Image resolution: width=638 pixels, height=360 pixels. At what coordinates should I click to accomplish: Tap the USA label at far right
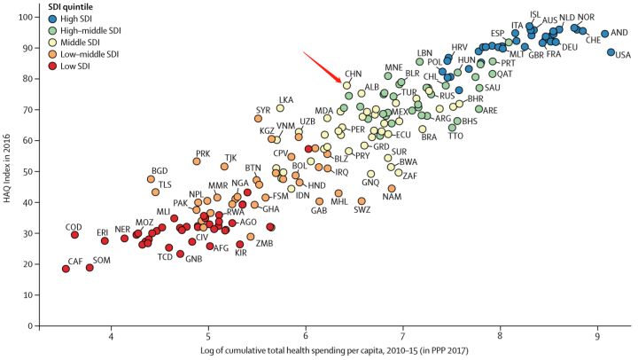pos(621,56)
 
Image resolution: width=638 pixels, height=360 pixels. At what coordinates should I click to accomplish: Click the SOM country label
pos(102,260)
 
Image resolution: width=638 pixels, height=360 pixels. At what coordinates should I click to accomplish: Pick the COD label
pos(74,227)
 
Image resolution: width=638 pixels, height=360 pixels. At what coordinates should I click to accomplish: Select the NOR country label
pos(586,18)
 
